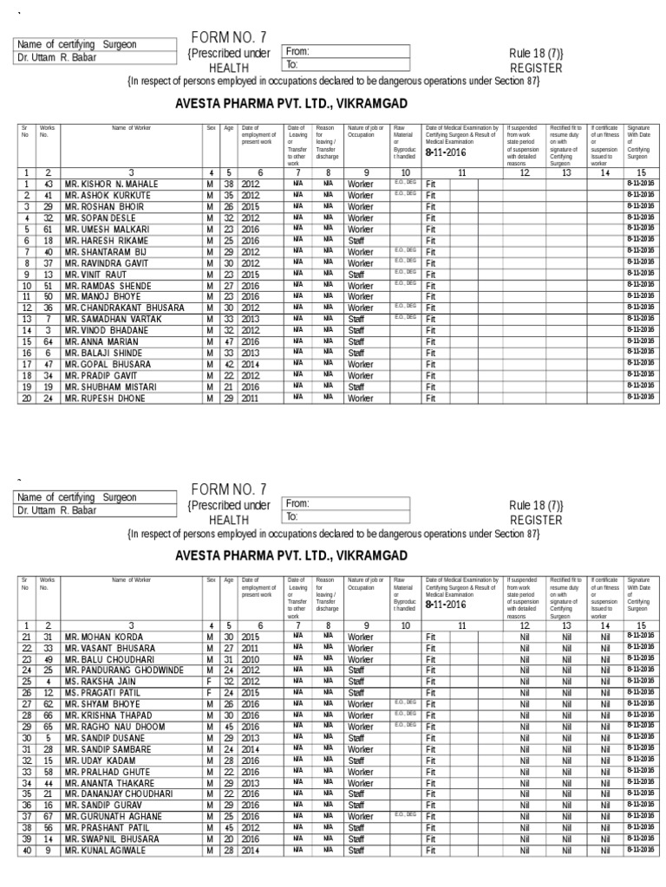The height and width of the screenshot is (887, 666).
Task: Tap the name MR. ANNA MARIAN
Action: (x=101, y=342)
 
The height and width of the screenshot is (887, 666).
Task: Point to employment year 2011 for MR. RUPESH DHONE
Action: (x=251, y=398)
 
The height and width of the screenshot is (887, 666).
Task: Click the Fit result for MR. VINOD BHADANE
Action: (x=431, y=331)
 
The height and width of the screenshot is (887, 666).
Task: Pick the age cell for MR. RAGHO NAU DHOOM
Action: (x=228, y=726)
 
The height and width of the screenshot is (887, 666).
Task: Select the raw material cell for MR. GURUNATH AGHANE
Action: (x=405, y=816)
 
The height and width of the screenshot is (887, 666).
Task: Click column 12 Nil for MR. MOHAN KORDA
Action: (x=523, y=636)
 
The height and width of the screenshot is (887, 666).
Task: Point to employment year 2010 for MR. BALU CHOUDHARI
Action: (x=251, y=658)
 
